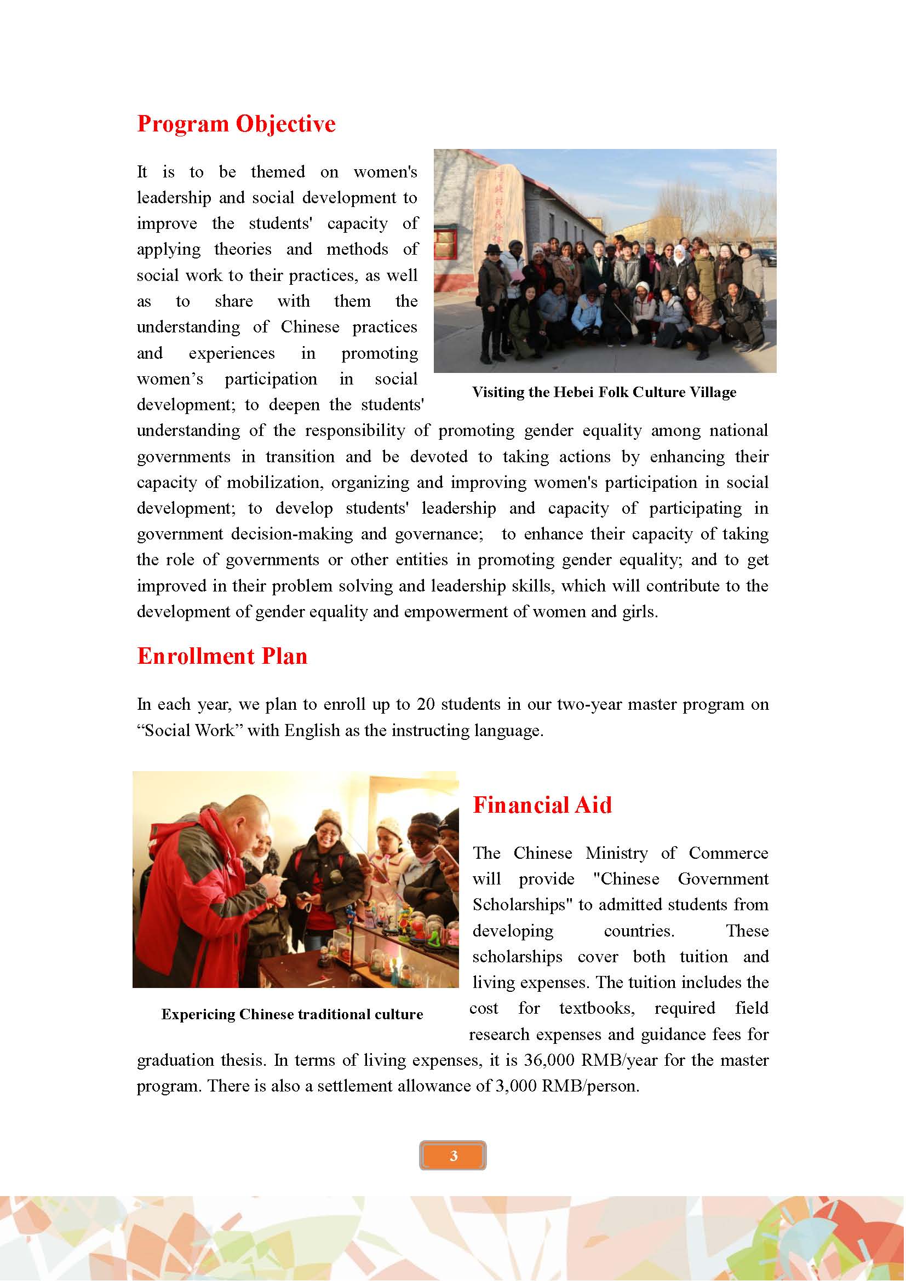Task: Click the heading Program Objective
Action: click(x=236, y=124)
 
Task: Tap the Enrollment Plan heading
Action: click(x=222, y=656)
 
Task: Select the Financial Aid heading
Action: click(x=542, y=805)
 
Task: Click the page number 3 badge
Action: click(x=453, y=1156)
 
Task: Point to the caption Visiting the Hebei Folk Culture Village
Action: click(x=604, y=392)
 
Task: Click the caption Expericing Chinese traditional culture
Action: click(x=292, y=1014)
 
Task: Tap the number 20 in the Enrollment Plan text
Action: click(x=426, y=705)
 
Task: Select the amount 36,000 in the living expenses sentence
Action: click(x=549, y=1060)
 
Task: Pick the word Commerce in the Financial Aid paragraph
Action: click(x=728, y=853)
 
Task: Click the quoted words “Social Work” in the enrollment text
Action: click(x=190, y=731)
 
